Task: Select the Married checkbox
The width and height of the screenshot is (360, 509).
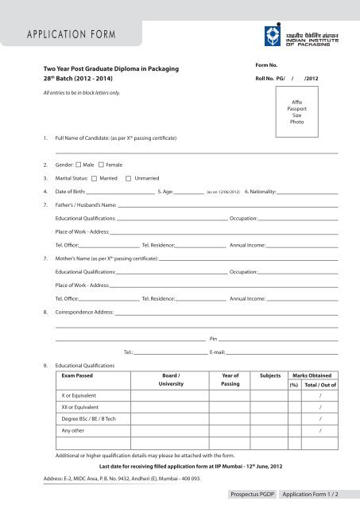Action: tap(95, 177)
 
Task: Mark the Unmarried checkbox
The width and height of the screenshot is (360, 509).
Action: tap(129, 177)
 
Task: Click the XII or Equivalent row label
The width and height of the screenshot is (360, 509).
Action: tap(86, 406)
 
